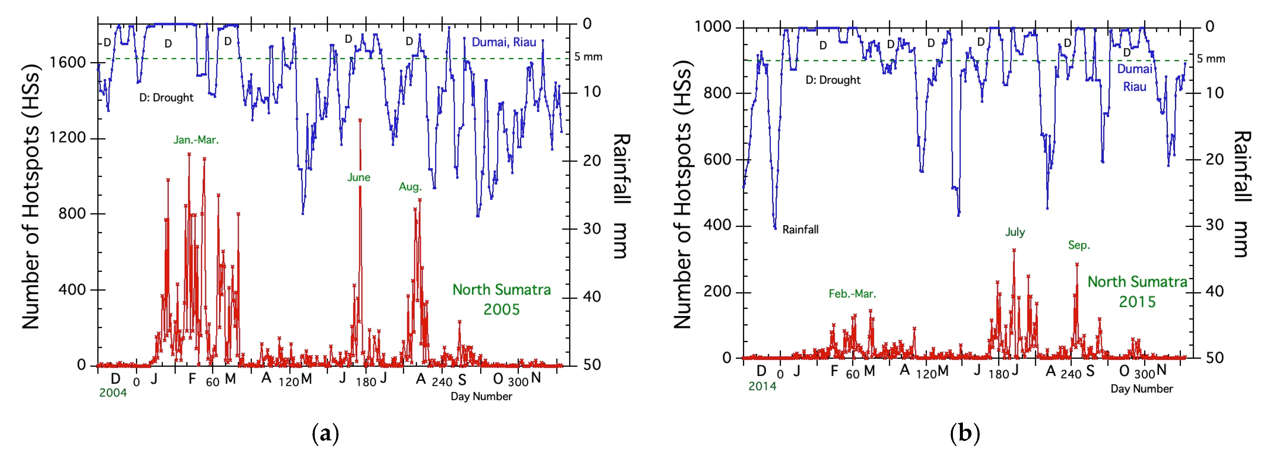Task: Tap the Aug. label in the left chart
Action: point(410,187)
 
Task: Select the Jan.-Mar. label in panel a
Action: point(196,140)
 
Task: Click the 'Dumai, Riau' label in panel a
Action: point(504,42)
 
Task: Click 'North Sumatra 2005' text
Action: point(501,299)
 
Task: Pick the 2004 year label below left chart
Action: point(113,392)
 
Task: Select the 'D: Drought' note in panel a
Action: point(166,98)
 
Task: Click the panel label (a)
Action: point(325,433)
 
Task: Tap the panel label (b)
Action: point(965,433)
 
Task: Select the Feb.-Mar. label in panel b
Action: point(852,294)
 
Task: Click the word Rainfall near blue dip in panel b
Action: point(800,230)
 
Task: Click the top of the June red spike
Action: point(360,120)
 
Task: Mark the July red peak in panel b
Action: point(1014,250)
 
